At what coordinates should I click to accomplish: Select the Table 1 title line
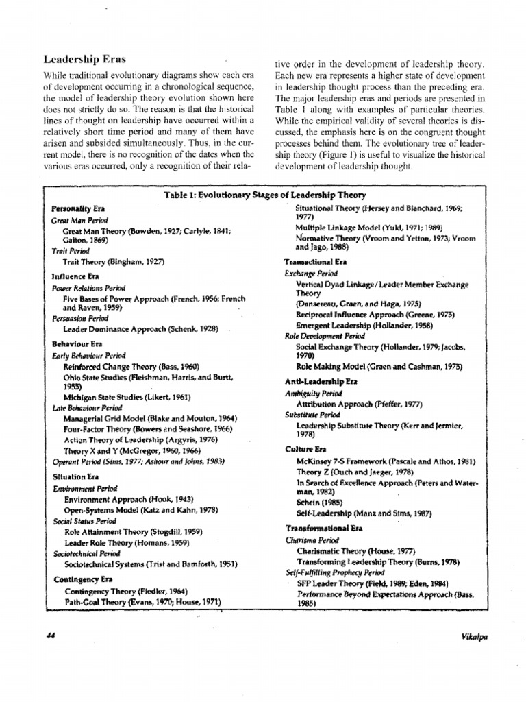[x=265, y=195]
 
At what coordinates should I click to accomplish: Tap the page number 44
[x=49, y=636]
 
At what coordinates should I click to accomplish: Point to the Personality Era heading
[x=78, y=208]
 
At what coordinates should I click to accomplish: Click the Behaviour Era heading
[x=77, y=343]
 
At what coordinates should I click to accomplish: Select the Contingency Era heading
[x=83, y=579]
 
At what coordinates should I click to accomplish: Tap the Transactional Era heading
[x=316, y=262]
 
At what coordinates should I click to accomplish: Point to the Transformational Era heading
[x=323, y=529]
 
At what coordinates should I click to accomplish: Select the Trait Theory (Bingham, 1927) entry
[x=114, y=262]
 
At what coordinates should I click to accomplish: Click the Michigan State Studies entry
[x=127, y=396]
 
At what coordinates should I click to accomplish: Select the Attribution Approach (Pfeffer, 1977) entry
[x=359, y=404]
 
